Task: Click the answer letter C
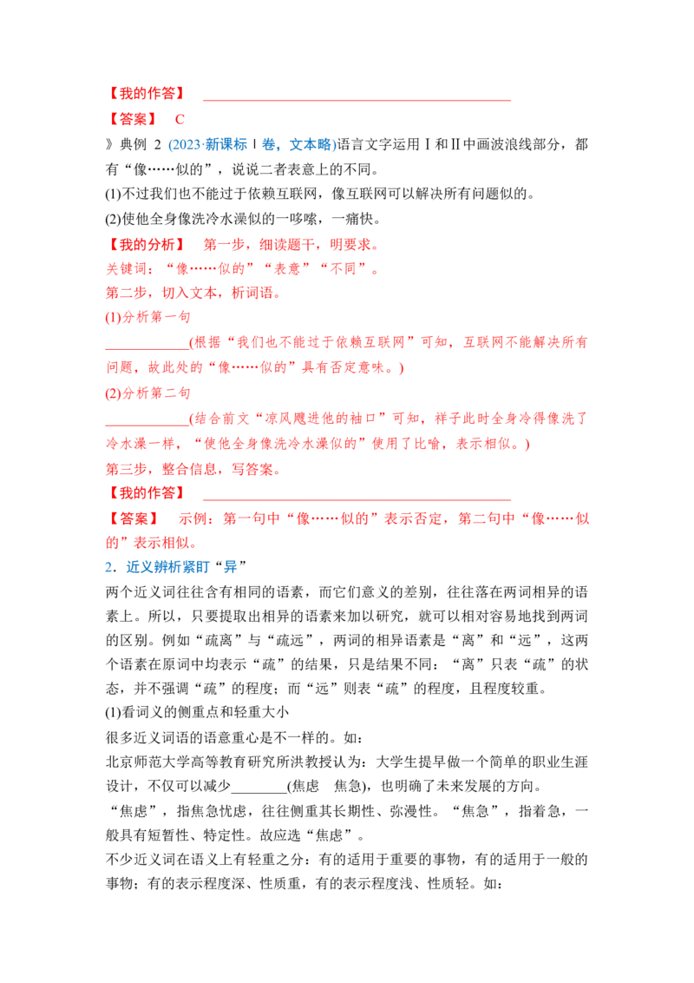[x=180, y=119]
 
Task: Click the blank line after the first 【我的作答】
[x=357, y=100]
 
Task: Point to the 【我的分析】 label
[x=147, y=244]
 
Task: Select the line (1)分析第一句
[x=147, y=317]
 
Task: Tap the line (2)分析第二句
[x=147, y=393]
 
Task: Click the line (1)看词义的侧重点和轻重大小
[x=197, y=713]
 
